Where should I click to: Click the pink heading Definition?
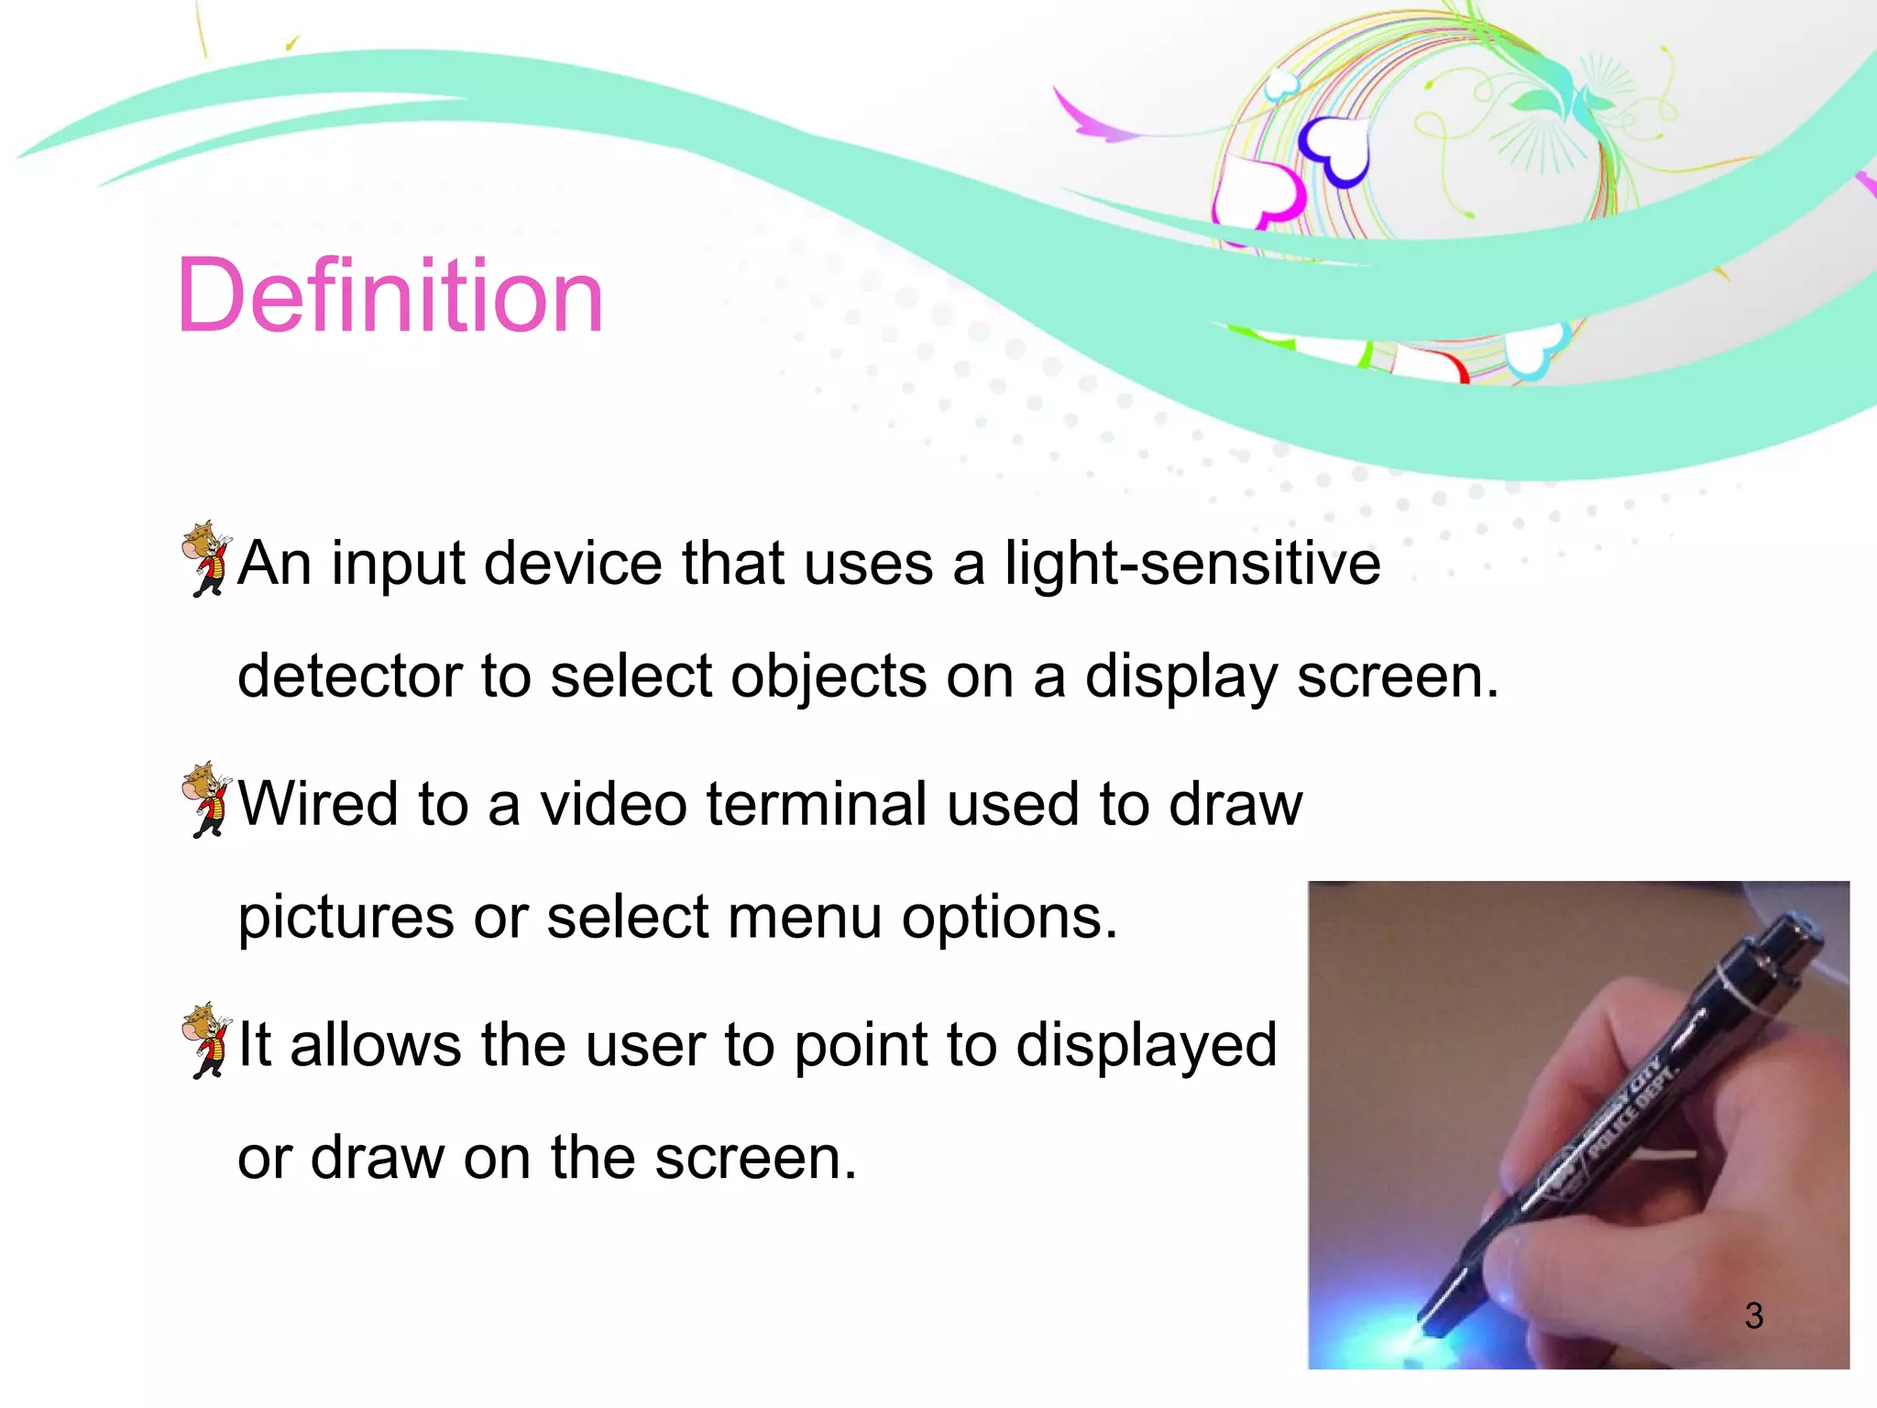pyautogui.click(x=390, y=296)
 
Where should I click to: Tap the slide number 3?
pyautogui.click(x=1753, y=1315)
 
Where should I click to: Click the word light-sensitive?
pyautogui.click(x=1192, y=563)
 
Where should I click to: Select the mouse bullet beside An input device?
pyautogui.click(x=207, y=557)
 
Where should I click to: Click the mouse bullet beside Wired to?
pyautogui.click(x=207, y=798)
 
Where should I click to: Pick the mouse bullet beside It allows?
pyautogui.click(x=207, y=1039)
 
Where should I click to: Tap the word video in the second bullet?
pyautogui.click(x=612, y=804)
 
